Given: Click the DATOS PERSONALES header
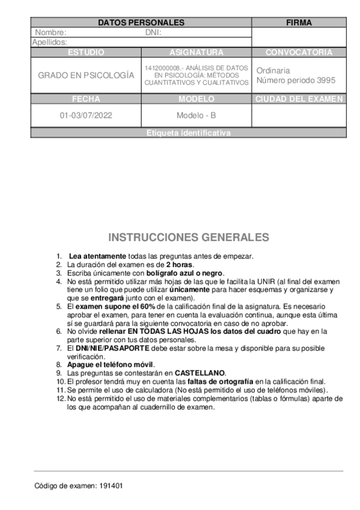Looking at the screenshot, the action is coord(141,23).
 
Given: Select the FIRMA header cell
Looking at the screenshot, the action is coord(299,23).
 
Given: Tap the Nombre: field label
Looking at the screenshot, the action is coord(50,32).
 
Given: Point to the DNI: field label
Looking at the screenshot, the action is coord(153,32).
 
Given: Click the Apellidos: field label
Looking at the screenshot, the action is coord(49,43).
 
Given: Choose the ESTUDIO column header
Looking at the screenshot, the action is coord(86,52).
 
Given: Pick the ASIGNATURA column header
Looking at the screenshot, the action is coord(197,52).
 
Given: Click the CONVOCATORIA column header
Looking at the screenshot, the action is coord(299,52).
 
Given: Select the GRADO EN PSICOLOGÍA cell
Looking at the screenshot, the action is coord(86,76).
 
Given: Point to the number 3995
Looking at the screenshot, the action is coord(325,81).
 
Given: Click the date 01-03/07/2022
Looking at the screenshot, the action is coord(86,115).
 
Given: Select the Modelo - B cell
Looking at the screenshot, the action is coord(197,115).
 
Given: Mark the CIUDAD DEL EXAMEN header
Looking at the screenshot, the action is coord(299,99).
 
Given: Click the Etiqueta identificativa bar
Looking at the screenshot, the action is coord(188,134).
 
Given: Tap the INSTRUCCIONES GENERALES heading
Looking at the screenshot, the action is coord(188,237).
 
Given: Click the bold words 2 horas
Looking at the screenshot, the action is coord(180,265).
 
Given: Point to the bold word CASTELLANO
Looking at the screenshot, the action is coord(200,373).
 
